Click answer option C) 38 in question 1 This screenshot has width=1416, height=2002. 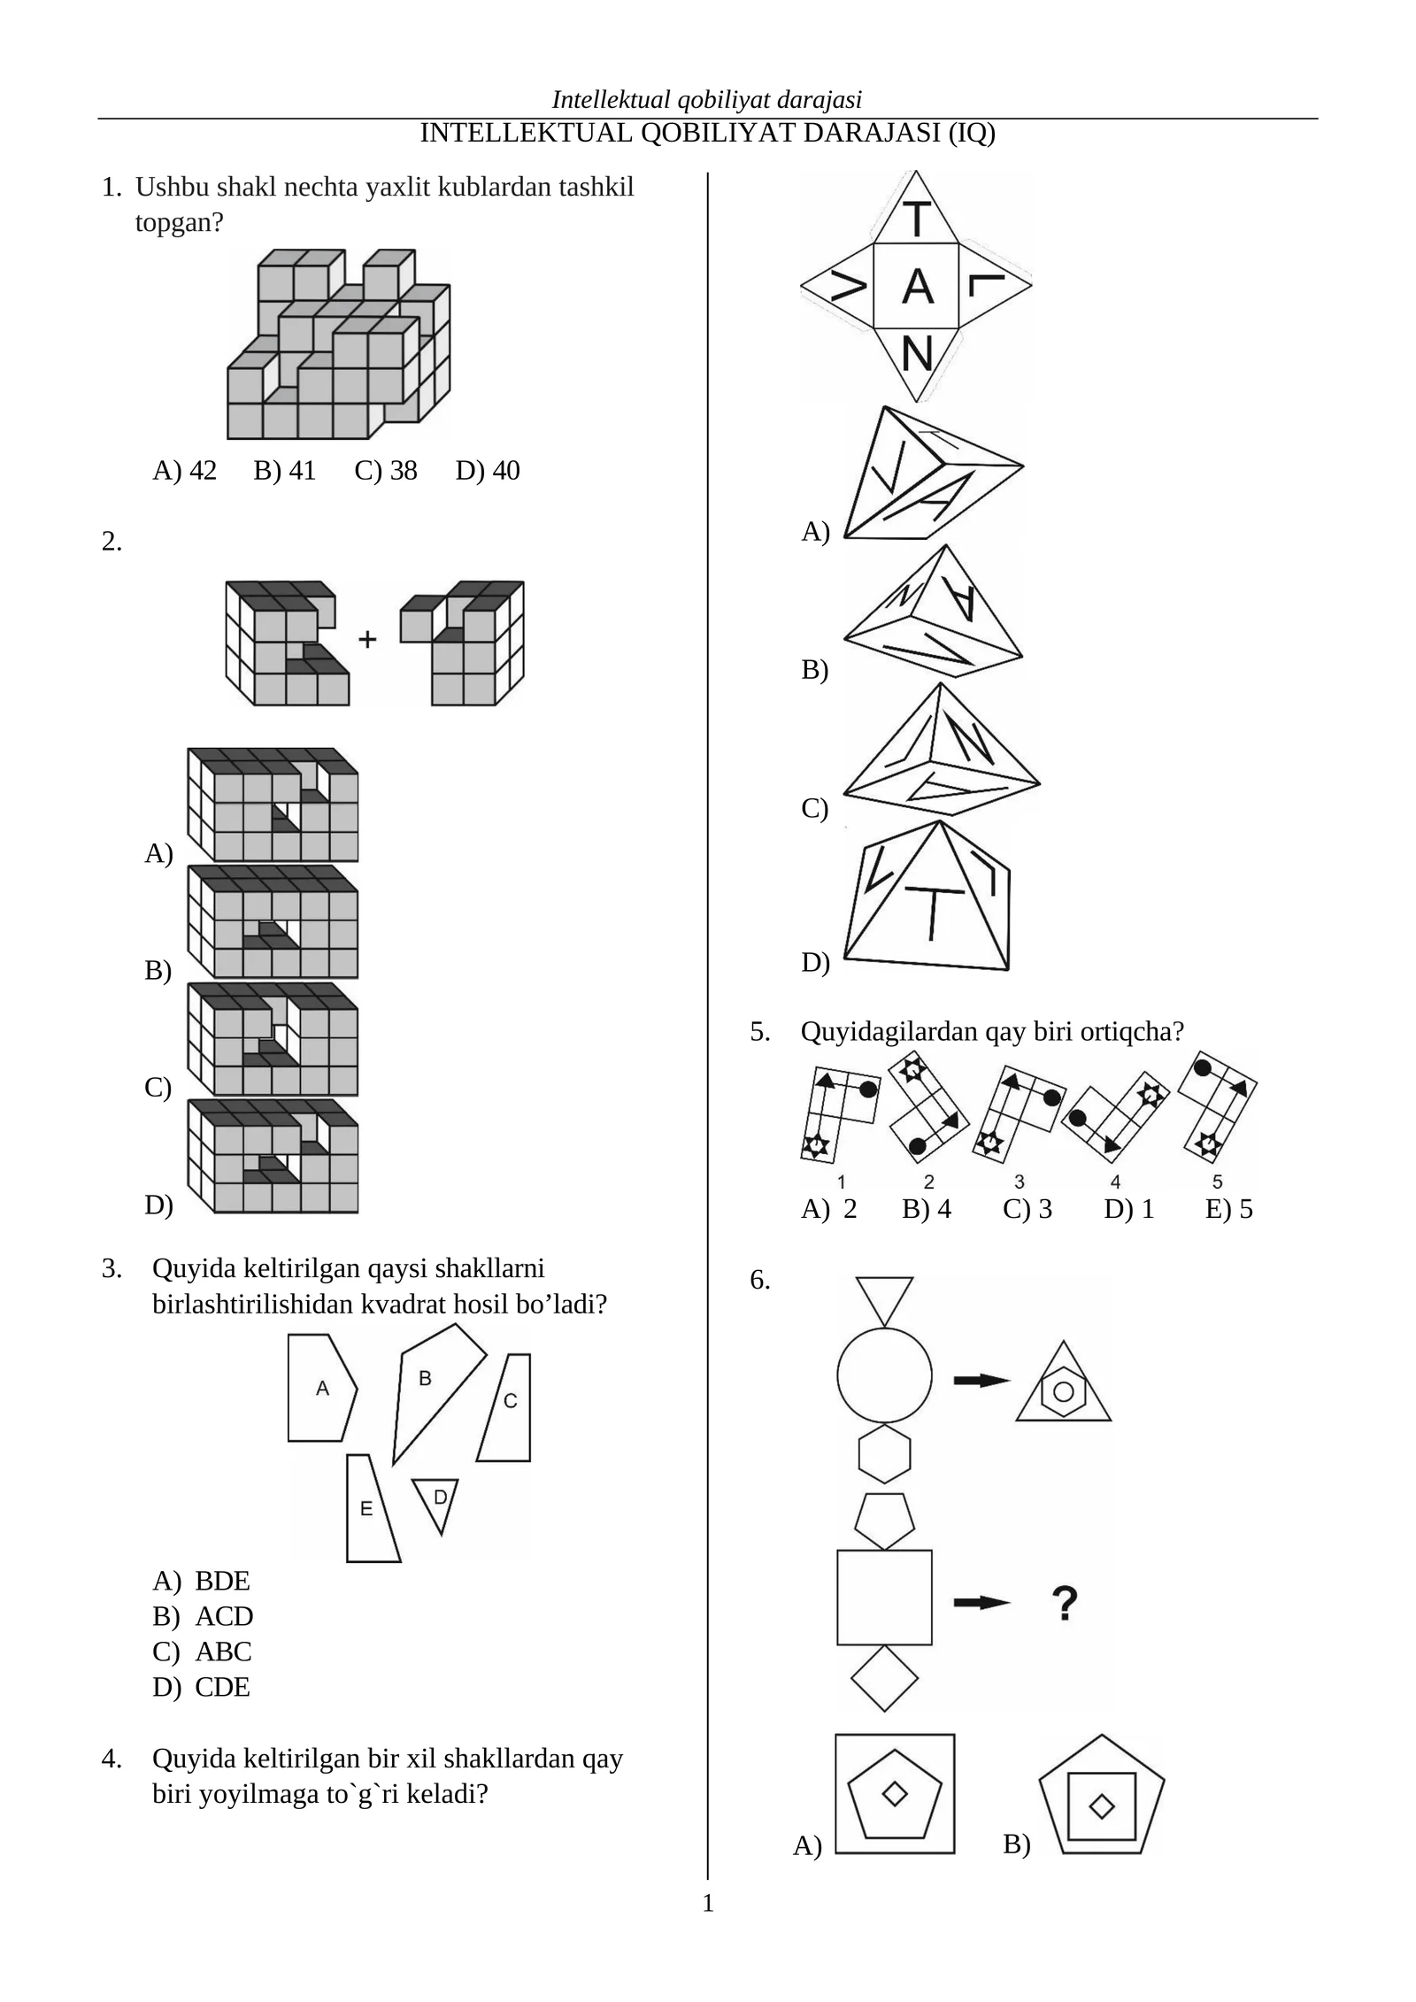[x=385, y=471]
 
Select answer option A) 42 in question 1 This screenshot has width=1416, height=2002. [x=184, y=471]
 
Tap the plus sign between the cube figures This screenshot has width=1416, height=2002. [x=367, y=638]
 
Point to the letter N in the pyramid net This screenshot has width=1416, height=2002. [x=917, y=355]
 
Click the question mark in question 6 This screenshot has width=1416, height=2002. [x=1065, y=1603]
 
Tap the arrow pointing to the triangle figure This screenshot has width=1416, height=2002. [x=981, y=1380]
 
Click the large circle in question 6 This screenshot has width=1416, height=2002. [x=884, y=1375]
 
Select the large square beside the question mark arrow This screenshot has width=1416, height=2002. [x=884, y=1598]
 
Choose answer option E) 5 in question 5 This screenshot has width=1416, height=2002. [x=1228, y=1210]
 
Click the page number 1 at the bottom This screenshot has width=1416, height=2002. [x=707, y=1903]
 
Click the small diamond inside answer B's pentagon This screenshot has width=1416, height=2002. [x=1101, y=1806]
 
